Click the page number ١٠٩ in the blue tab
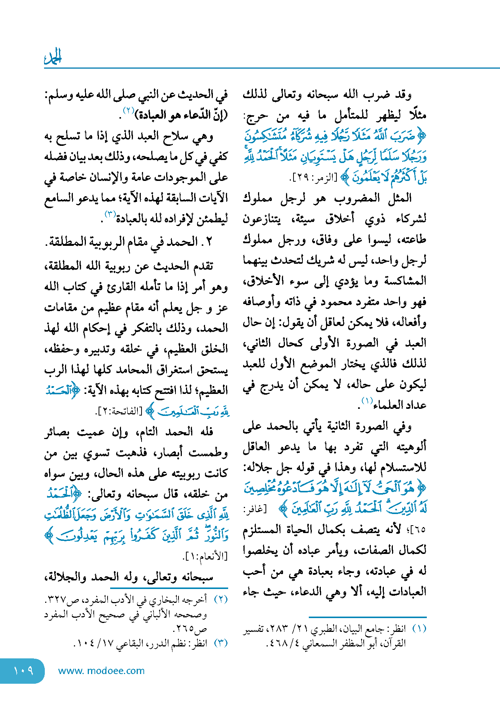(x=23, y=671)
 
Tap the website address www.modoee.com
(x=101, y=671)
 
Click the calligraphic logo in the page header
(x=53, y=57)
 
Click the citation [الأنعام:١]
(x=205, y=557)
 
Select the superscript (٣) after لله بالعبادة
(x=110, y=214)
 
